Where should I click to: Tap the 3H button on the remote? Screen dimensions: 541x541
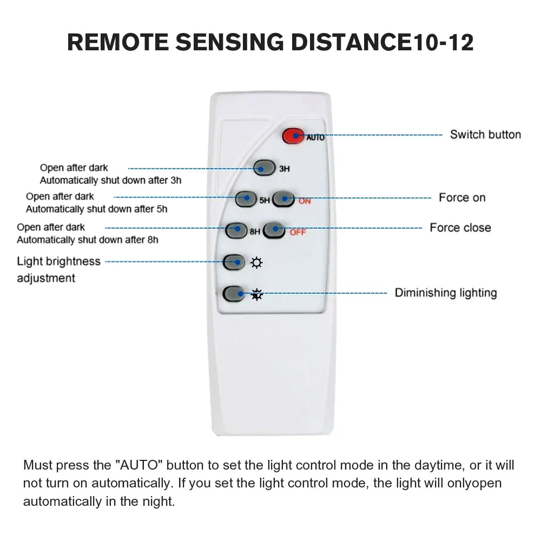pos(263,168)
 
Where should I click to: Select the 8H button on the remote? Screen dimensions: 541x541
pos(236,229)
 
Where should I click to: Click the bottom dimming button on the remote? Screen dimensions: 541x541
pos(234,293)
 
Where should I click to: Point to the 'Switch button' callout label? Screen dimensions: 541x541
pos(485,135)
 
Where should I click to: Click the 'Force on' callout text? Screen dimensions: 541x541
pos(462,198)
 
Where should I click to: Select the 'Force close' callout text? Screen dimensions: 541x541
pos(460,228)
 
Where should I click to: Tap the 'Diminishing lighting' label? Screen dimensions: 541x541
pos(446,293)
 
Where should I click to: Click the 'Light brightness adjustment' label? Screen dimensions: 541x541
pos(58,269)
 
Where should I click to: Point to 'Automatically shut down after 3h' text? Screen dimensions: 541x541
pos(110,181)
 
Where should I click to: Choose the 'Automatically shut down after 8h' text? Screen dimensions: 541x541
pos(88,240)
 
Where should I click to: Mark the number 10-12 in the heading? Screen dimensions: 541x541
pos(443,42)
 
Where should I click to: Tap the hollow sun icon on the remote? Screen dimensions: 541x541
pos(256,263)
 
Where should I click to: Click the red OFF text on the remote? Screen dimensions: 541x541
pos(298,233)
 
